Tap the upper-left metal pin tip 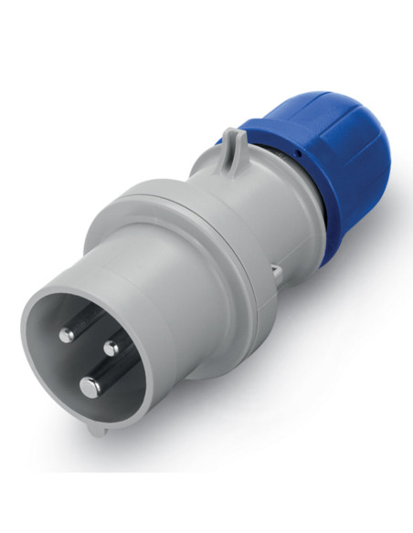point(66,336)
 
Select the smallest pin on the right point(111,348)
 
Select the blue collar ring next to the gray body point(291,183)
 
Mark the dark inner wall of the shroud point(55,365)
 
